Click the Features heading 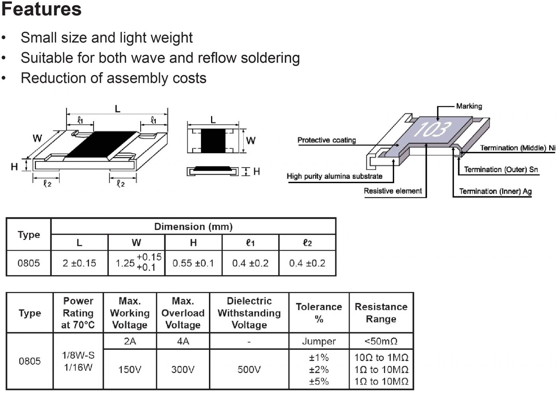(x=41, y=9)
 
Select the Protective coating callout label (x=326, y=140)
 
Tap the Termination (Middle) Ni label (x=517, y=148)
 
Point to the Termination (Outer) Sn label (x=500, y=169)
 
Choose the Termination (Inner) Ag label (x=495, y=191)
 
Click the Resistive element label (x=393, y=191)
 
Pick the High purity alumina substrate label (x=334, y=176)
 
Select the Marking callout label (x=469, y=106)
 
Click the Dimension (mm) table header (x=193, y=227)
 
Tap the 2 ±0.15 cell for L (x=79, y=263)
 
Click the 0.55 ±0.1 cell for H (x=193, y=263)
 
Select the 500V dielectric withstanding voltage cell (x=249, y=369)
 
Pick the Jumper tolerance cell (x=319, y=341)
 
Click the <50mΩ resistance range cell (x=381, y=341)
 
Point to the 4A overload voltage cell (x=183, y=341)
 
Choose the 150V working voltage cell (x=129, y=369)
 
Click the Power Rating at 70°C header (x=78, y=313)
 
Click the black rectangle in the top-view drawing (x=213, y=141)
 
